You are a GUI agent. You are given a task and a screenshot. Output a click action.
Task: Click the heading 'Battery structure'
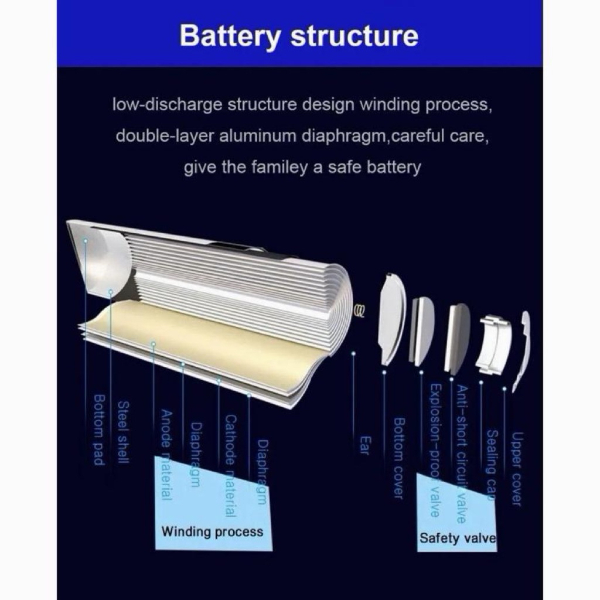pos(299,36)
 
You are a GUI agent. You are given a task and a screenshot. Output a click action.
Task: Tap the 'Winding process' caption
pos(212,532)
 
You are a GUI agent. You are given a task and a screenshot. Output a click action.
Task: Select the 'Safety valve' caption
pos(458,538)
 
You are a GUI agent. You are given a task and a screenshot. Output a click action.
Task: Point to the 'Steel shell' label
pos(123,432)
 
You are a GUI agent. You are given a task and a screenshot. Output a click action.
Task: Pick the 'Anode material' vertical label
pos(166,455)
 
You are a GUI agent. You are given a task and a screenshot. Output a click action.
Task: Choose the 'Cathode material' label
pos(230,465)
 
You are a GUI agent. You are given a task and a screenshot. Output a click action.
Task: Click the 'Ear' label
pos(364,445)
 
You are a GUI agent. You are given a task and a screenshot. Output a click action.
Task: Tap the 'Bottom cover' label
pos(398,458)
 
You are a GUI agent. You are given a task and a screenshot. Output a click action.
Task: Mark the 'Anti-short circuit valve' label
pos(462,454)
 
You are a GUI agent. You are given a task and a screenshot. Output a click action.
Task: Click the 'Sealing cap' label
pos(492,465)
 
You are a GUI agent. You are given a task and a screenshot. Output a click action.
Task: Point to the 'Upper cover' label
pos(517,468)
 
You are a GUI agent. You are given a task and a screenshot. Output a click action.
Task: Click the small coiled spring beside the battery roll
pos(360,310)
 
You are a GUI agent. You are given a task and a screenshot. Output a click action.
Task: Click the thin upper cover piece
pos(523,348)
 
